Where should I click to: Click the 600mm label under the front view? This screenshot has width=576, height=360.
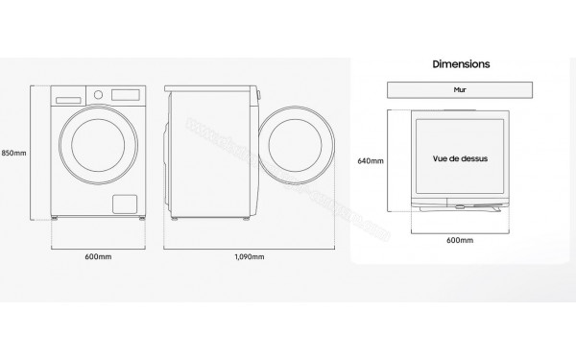pos(100,257)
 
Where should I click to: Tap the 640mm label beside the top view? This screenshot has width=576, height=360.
pos(371,160)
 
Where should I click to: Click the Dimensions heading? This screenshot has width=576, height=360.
pos(462,64)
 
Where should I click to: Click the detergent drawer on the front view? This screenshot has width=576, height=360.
pos(70,97)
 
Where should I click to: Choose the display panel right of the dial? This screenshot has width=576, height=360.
pos(127,94)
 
